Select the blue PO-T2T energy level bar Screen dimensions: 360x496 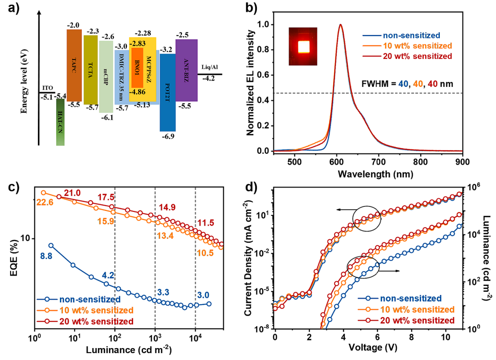click(167, 91)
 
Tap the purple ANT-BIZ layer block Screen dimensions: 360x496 click(186, 70)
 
